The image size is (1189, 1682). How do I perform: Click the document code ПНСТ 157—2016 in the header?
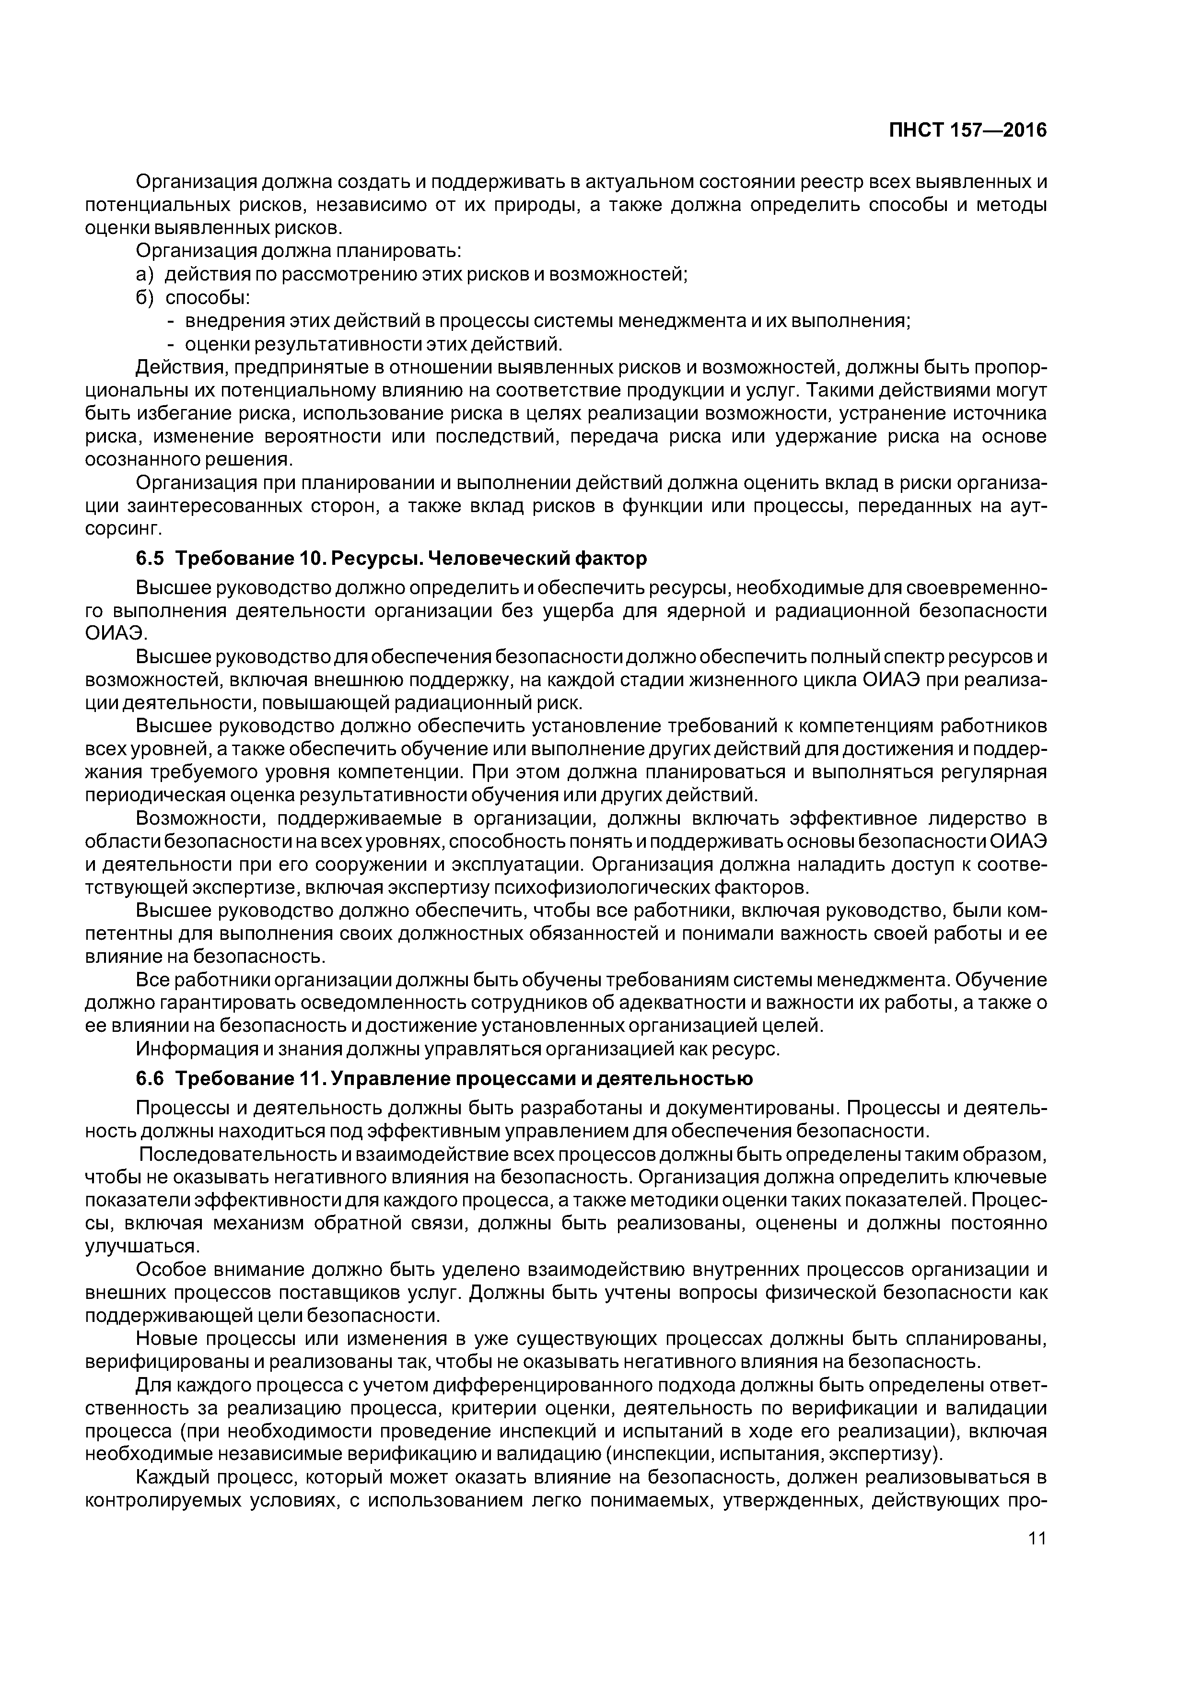point(968,130)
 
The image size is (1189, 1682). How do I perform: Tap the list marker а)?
point(145,275)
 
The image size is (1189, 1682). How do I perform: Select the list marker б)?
point(145,298)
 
